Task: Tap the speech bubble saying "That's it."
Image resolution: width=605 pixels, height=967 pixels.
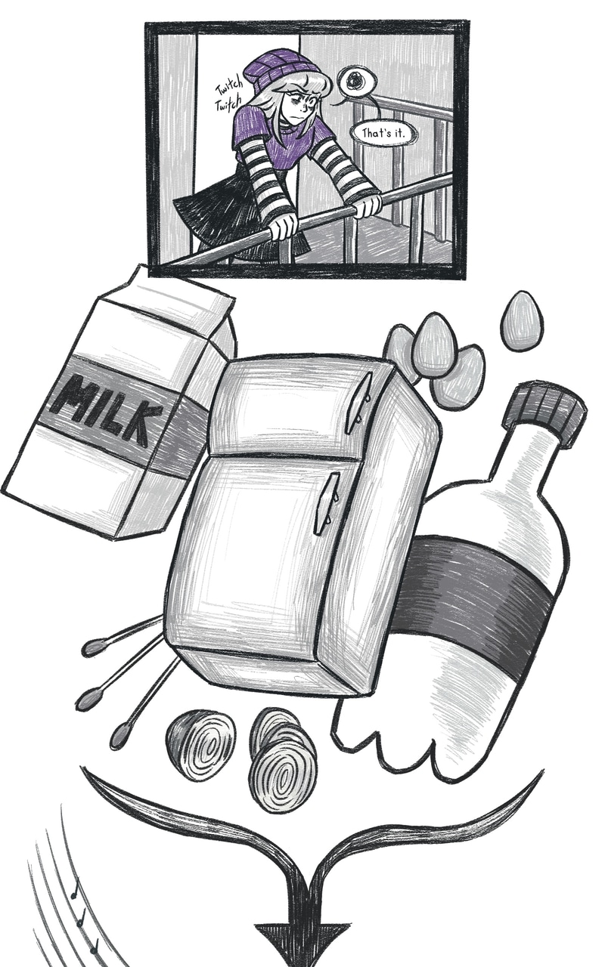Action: point(383,134)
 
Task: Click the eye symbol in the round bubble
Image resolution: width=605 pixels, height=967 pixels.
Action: point(358,81)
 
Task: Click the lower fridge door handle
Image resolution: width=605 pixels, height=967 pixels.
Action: point(327,503)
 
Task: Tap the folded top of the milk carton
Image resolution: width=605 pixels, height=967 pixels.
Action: point(173,302)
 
